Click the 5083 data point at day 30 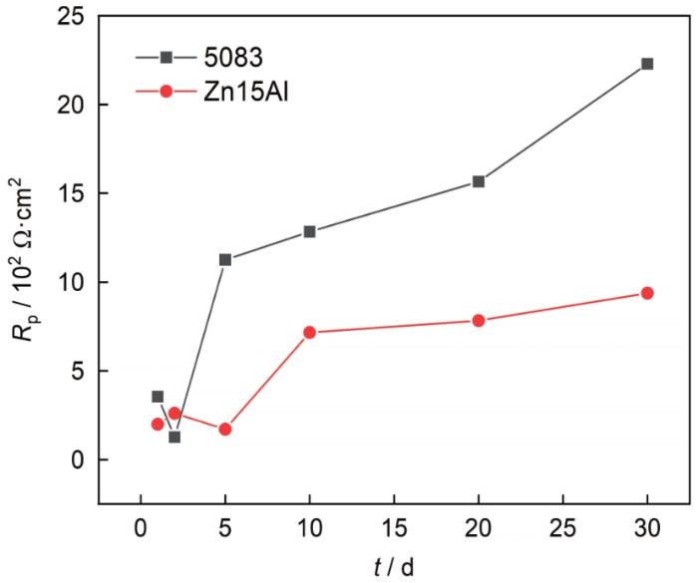(x=646, y=64)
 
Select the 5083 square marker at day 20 (x=479, y=181)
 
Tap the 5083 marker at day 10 (x=309, y=231)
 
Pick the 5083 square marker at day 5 (x=225, y=259)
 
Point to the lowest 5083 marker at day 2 (x=174, y=437)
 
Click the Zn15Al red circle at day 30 (x=646, y=293)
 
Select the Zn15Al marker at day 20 (x=479, y=320)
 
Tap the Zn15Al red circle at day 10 (x=309, y=332)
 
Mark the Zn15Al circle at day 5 (x=225, y=430)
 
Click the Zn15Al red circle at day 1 (x=158, y=424)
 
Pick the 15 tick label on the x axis (x=394, y=524)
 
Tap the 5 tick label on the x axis (x=225, y=524)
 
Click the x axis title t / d (x=393, y=565)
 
